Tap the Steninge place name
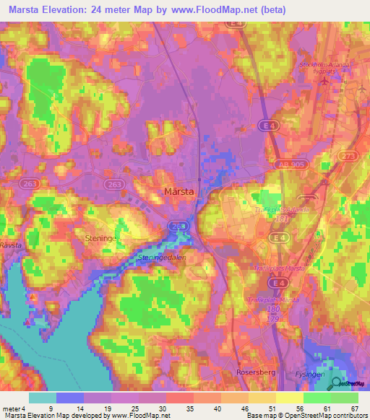tap(101, 236)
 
